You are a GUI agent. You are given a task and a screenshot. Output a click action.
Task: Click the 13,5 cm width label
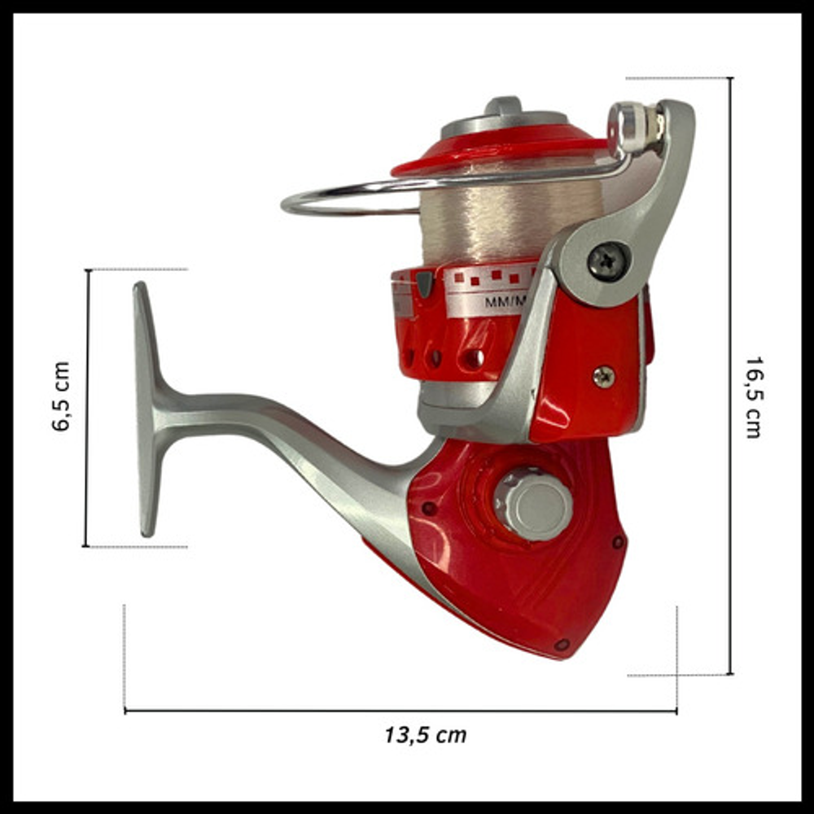[425, 735]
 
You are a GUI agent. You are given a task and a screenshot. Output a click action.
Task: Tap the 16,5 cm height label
[754, 398]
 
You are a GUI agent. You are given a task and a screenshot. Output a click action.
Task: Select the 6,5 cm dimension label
[60, 396]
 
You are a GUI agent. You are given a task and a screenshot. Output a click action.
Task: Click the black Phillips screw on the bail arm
[608, 261]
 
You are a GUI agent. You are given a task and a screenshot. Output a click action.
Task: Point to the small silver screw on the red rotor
[604, 376]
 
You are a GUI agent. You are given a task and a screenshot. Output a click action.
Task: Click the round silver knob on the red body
[534, 504]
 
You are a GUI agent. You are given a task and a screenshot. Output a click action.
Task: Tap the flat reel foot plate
[147, 409]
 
